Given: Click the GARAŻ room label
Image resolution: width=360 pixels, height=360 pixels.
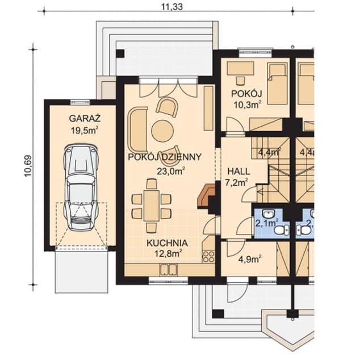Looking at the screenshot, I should click(85, 119).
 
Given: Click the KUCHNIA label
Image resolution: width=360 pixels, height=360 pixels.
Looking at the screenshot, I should click(164, 242).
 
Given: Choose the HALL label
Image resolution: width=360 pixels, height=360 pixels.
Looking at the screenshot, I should click(238, 171).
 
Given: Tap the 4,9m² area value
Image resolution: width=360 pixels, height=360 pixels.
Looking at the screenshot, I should click(248, 259).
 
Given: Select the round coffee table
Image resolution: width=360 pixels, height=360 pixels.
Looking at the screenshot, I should click(162, 131).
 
